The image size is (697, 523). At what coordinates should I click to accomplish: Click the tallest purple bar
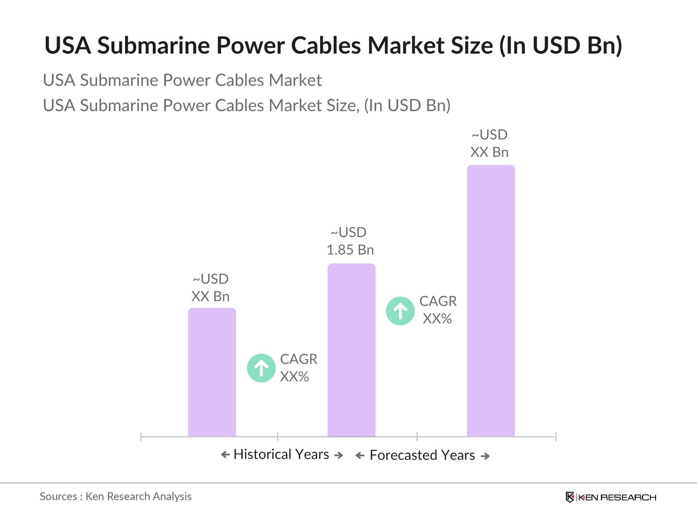(491, 301)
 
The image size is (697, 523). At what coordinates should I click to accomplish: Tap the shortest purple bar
(212, 372)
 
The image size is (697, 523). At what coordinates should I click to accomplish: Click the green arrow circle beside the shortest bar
(261, 368)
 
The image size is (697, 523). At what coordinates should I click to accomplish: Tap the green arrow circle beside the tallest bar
(400, 311)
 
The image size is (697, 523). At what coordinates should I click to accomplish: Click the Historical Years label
(281, 454)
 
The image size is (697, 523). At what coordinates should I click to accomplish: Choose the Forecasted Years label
(422, 455)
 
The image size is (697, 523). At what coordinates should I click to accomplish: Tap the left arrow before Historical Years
(225, 455)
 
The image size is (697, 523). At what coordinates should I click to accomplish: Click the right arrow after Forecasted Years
(485, 456)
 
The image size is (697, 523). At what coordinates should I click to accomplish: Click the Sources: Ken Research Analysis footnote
(115, 496)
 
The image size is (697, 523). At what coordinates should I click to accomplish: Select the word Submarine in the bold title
(153, 45)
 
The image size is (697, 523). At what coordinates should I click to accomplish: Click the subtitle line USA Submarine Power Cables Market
(182, 80)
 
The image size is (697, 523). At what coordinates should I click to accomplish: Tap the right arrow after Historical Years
(338, 455)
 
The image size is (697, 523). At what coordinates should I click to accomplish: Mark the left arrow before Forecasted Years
(360, 456)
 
